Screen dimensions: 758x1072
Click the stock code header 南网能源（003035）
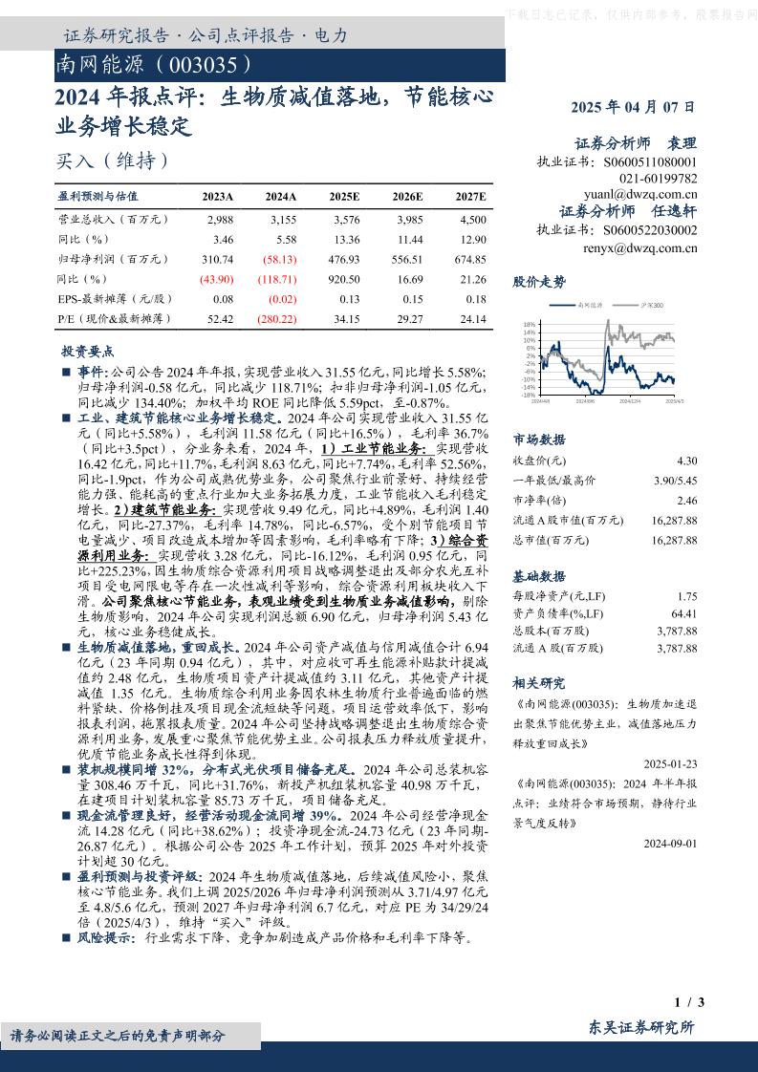point(156,65)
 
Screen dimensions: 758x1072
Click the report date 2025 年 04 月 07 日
point(633,108)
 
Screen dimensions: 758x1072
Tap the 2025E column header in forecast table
point(344,196)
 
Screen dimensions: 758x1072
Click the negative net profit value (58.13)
point(280,259)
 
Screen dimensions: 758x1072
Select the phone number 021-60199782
point(659,178)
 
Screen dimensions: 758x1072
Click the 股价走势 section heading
point(539,282)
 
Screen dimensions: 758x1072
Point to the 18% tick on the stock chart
point(529,324)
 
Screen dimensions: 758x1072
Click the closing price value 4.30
point(687,461)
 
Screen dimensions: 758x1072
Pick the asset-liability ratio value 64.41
point(684,613)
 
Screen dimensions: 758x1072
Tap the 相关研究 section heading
point(539,683)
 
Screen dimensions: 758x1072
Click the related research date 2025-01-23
point(670,763)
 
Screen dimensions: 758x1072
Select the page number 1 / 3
point(689,1002)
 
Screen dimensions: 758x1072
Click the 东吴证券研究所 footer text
point(642,1027)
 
